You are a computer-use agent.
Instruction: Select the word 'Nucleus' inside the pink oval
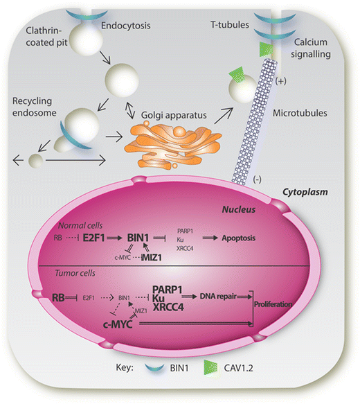pyautogui.click(x=219, y=207)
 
